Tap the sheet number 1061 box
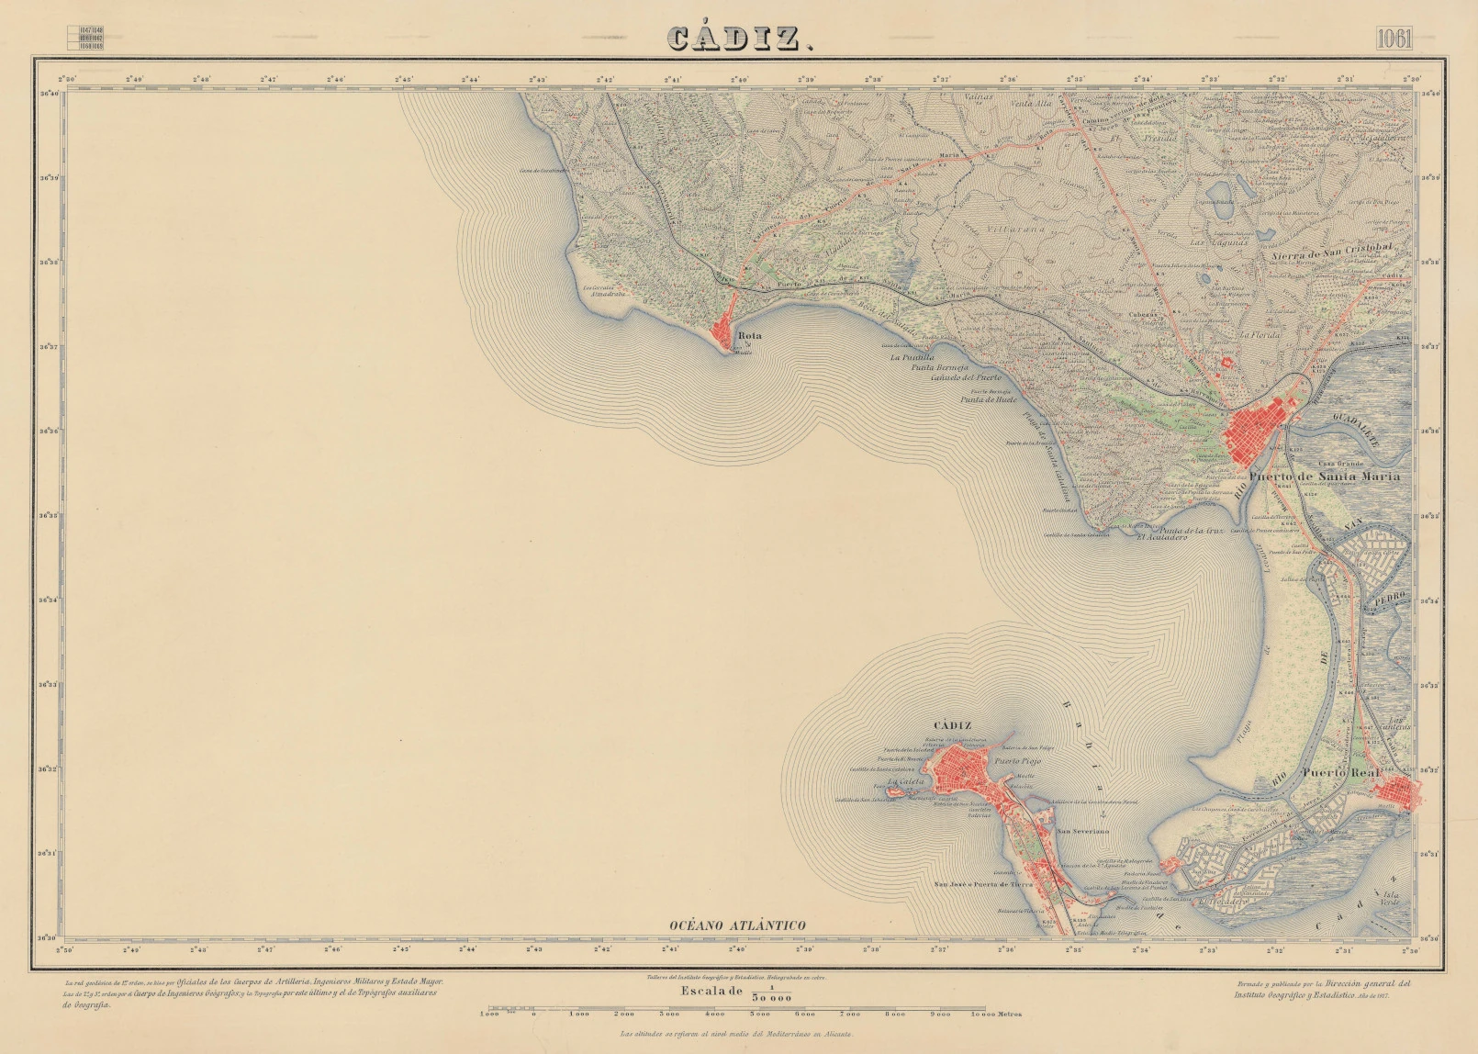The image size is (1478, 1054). [x=1394, y=39]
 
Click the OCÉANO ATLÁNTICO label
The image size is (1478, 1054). [x=737, y=925]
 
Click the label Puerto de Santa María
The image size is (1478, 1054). [x=1325, y=477]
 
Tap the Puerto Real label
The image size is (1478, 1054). [x=1340, y=773]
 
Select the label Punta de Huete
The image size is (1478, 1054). [x=989, y=399]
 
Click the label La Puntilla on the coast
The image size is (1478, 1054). [x=913, y=357]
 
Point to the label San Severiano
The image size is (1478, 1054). [x=1083, y=831]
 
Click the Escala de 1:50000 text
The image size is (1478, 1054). [x=734, y=992]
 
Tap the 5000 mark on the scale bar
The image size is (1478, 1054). [x=759, y=1014]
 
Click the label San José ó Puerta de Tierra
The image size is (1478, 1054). [x=983, y=885]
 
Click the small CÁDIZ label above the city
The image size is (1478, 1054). [x=952, y=725]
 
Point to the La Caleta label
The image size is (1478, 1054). [x=905, y=781]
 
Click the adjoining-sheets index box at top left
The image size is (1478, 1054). [x=85, y=37]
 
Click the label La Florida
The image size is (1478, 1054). [x=1260, y=335]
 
